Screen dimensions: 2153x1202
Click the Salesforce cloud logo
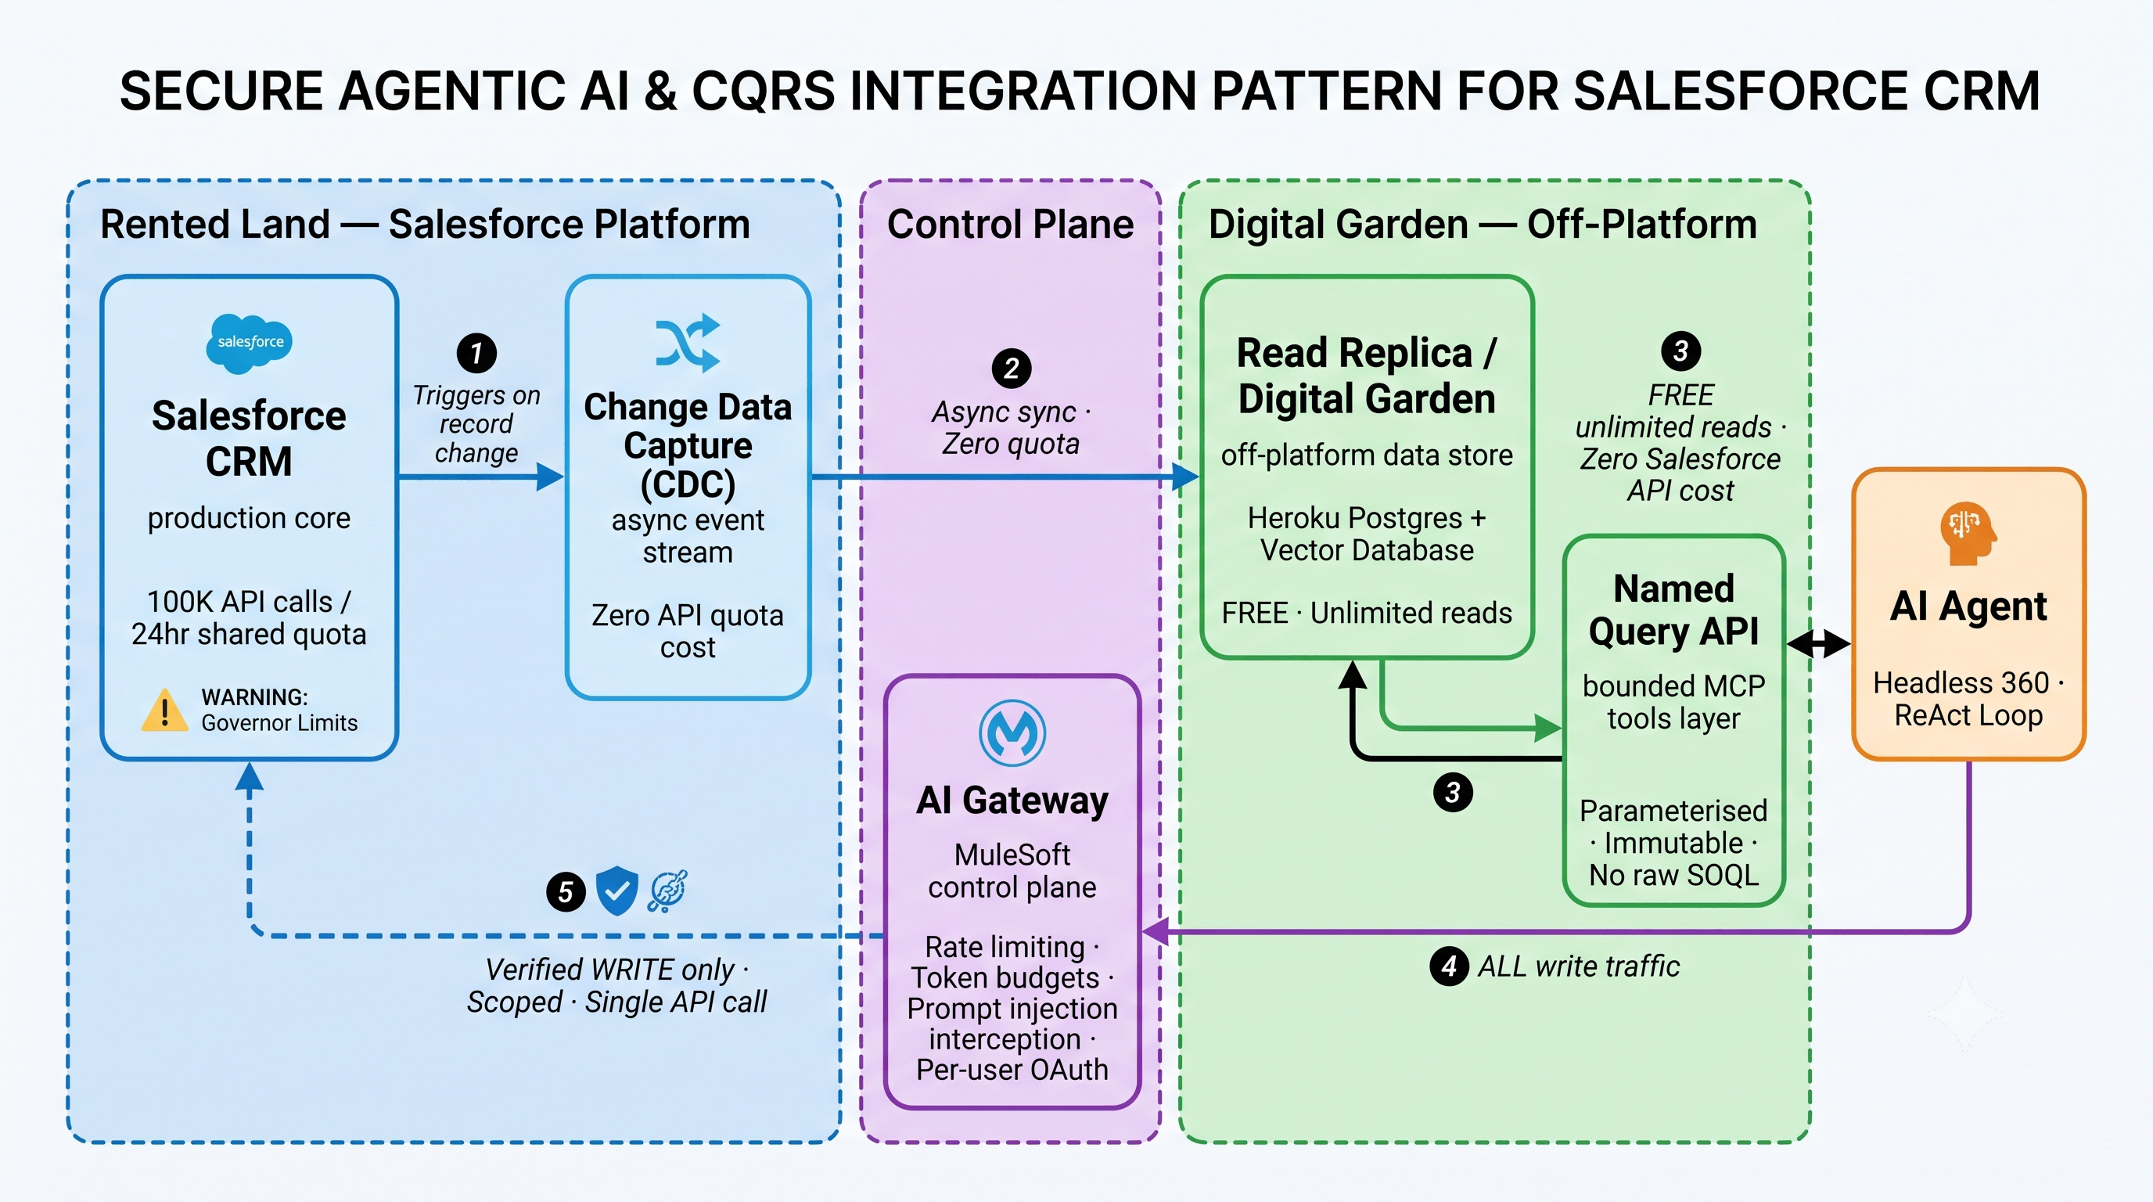(x=249, y=343)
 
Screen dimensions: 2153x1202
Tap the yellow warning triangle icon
(x=164, y=711)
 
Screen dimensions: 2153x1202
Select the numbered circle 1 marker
(x=476, y=354)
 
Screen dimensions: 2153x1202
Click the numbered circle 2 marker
(x=1012, y=369)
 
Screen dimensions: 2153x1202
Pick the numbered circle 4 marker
(x=1449, y=966)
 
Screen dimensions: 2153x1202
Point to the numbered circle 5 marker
(x=566, y=892)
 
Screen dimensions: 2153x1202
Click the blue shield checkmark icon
(x=616, y=891)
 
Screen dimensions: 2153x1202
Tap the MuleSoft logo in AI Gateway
(x=1012, y=733)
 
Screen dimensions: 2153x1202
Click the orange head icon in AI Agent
(x=1968, y=533)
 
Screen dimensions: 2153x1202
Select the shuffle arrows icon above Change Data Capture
(x=688, y=343)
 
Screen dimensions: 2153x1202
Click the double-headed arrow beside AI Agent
(x=1819, y=643)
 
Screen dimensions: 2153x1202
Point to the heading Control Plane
(x=1011, y=224)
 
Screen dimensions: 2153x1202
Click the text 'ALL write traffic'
(x=1579, y=966)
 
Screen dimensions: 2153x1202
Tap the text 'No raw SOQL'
(x=1674, y=875)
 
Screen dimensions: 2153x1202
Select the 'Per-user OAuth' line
(x=1012, y=1070)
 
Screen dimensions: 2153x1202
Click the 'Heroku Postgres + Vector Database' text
(x=1368, y=534)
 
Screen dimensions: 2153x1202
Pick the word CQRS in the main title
(x=764, y=91)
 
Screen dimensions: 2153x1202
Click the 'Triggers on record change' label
(x=476, y=424)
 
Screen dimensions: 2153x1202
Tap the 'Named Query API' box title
(x=1674, y=610)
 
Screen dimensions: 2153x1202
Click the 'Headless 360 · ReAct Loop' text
(x=1968, y=699)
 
